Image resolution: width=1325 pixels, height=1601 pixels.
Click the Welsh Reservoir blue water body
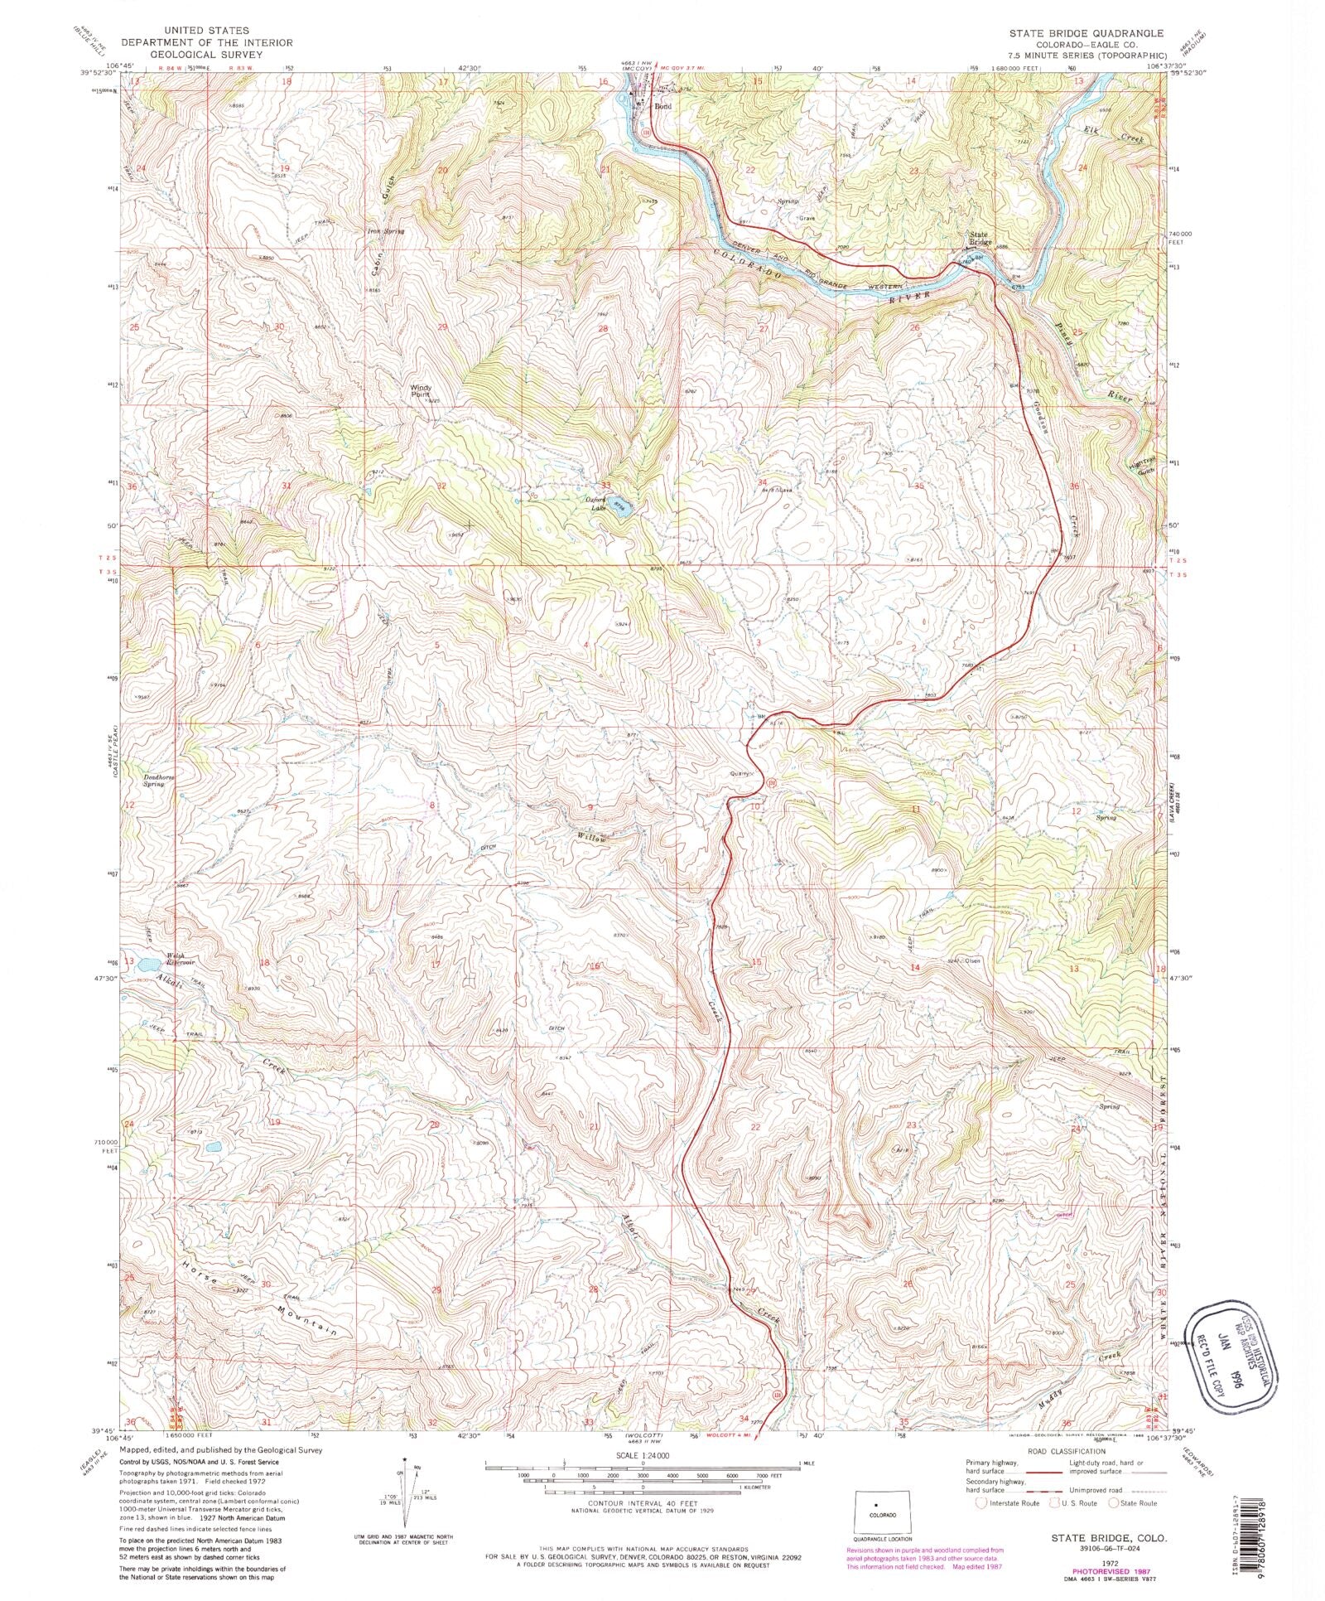point(150,965)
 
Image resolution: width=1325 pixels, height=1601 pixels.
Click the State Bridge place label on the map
point(980,239)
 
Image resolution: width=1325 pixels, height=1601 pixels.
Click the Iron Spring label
point(385,232)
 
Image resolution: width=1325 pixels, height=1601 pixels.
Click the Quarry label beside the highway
point(740,773)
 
